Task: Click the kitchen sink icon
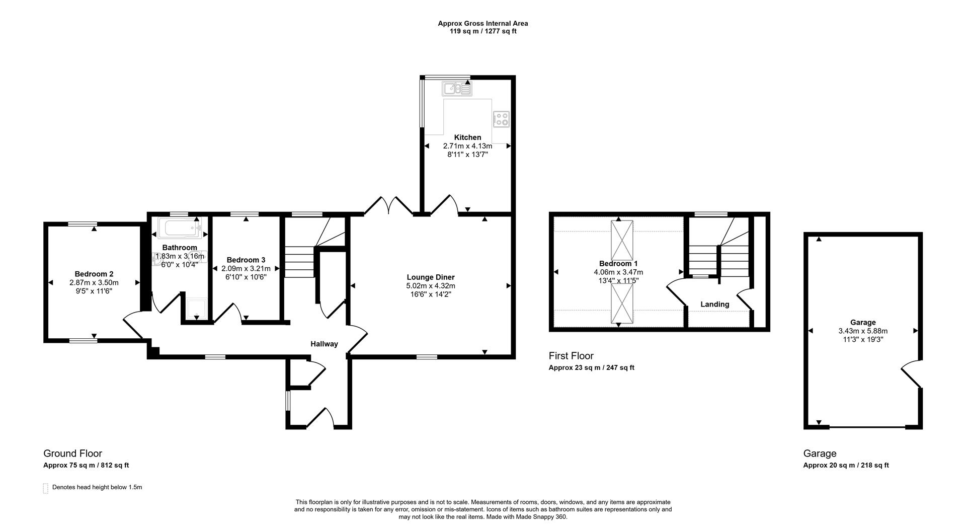[x=457, y=89]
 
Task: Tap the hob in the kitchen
[x=501, y=119]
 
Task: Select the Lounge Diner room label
[x=430, y=277]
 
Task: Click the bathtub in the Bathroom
[x=179, y=228]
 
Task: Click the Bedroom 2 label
[x=94, y=274]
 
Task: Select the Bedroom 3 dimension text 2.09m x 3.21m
[x=246, y=269]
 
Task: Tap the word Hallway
[x=324, y=344]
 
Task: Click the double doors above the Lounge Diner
[x=389, y=206]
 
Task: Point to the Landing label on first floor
[x=714, y=305]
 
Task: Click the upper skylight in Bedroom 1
[x=622, y=240]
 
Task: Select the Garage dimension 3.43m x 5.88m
[x=862, y=331]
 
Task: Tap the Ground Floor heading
[x=72, y=453]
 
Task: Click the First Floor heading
[x=571, y=356]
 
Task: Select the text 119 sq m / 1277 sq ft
[x=482, y=31]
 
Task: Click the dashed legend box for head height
[x=46, y=488]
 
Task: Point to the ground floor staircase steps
[x=300, y=262]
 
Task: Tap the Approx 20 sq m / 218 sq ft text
[x=845, y=466]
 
